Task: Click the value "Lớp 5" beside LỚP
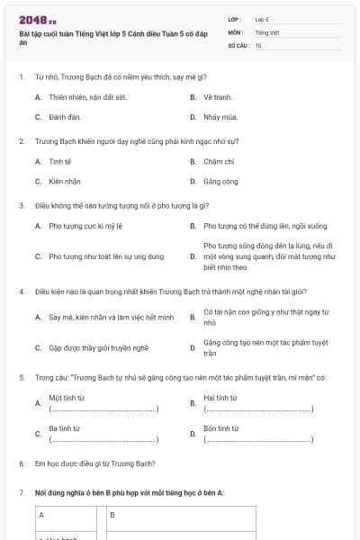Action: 262,19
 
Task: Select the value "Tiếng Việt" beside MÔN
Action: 266,31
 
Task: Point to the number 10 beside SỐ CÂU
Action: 258,44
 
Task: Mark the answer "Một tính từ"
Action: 67,397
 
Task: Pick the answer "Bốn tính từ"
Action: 220,428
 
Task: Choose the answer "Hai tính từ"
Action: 220,397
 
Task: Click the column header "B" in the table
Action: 112,515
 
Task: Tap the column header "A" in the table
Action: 40,515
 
